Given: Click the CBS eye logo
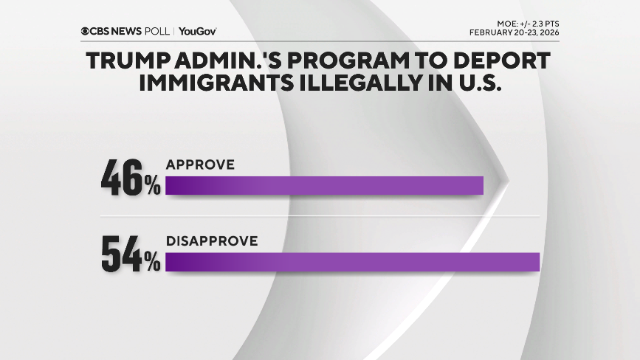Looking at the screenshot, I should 86,32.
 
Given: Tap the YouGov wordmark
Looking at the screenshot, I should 197,32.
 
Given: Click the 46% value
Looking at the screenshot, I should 130,181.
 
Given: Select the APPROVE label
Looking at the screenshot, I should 200,165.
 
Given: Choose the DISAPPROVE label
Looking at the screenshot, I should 212,240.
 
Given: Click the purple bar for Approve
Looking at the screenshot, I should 324,186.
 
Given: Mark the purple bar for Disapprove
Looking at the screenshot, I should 353,262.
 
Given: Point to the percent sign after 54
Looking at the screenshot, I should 153,263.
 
